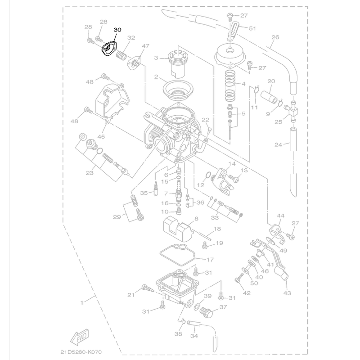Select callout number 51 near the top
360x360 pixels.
pos(252,28)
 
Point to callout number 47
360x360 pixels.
pos(145,46)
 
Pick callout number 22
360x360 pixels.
pos(205,120)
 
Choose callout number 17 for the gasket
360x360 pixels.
pos(210,260)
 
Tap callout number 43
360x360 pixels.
pos(287,293)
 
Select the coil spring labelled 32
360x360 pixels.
pos(121,56)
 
